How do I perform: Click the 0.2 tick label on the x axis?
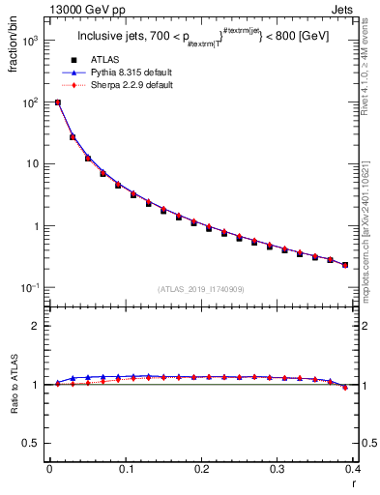pyautogui.click(x=201, y=470)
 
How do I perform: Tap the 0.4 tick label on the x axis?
pyautogui.click(x=353, y=470)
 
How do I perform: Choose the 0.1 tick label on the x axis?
pyautogui.click(x=125, y=470)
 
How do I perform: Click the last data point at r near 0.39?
pyautogui.click(x=345, y=264)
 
